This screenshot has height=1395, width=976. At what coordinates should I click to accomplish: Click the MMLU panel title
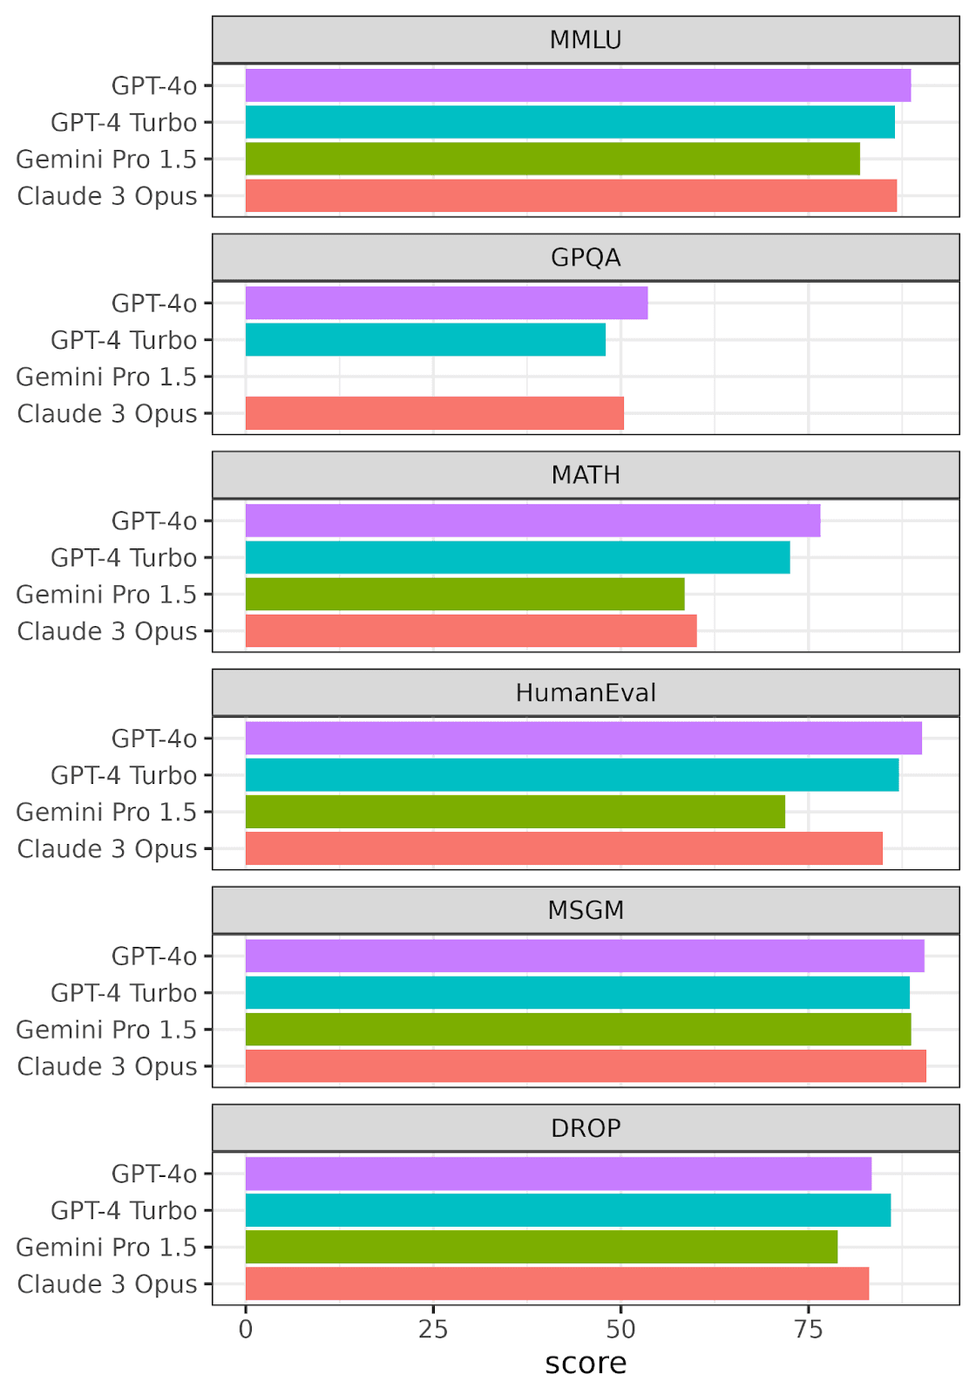(586, 40)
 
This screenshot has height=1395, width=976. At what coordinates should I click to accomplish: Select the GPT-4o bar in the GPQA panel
(446, 303)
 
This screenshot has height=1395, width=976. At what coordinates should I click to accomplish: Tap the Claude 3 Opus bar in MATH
(471, 630)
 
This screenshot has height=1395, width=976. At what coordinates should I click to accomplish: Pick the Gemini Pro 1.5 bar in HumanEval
(515, 812)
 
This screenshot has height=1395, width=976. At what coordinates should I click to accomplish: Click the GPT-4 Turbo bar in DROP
(567, 1210)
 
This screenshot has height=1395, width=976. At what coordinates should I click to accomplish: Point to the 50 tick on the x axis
(620, 1329)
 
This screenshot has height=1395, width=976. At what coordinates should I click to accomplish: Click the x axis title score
(586, 1364)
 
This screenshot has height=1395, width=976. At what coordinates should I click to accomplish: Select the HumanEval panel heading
(586, 693)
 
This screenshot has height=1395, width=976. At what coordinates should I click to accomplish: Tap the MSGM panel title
(586, 910)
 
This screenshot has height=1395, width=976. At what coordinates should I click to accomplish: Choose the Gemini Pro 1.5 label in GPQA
(106, 377)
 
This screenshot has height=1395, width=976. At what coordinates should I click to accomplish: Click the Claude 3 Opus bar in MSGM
(586, 1065)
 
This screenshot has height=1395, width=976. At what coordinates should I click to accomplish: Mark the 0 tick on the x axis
(246, 1329)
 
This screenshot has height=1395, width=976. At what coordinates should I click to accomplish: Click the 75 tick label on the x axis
(809, 1329)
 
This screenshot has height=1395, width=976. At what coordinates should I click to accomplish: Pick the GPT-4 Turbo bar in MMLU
(570, 122)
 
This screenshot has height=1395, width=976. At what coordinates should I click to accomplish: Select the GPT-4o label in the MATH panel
(154, 521)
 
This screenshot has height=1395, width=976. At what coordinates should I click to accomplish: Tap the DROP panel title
(586, 1128)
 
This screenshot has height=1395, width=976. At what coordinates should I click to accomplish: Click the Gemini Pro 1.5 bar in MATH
(464, 594)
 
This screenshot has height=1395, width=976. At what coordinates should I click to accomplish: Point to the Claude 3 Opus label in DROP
(107, 1283)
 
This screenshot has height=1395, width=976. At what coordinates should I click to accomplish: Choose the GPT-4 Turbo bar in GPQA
(425, 339)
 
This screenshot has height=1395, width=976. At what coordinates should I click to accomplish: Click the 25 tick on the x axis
(433, 1329)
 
